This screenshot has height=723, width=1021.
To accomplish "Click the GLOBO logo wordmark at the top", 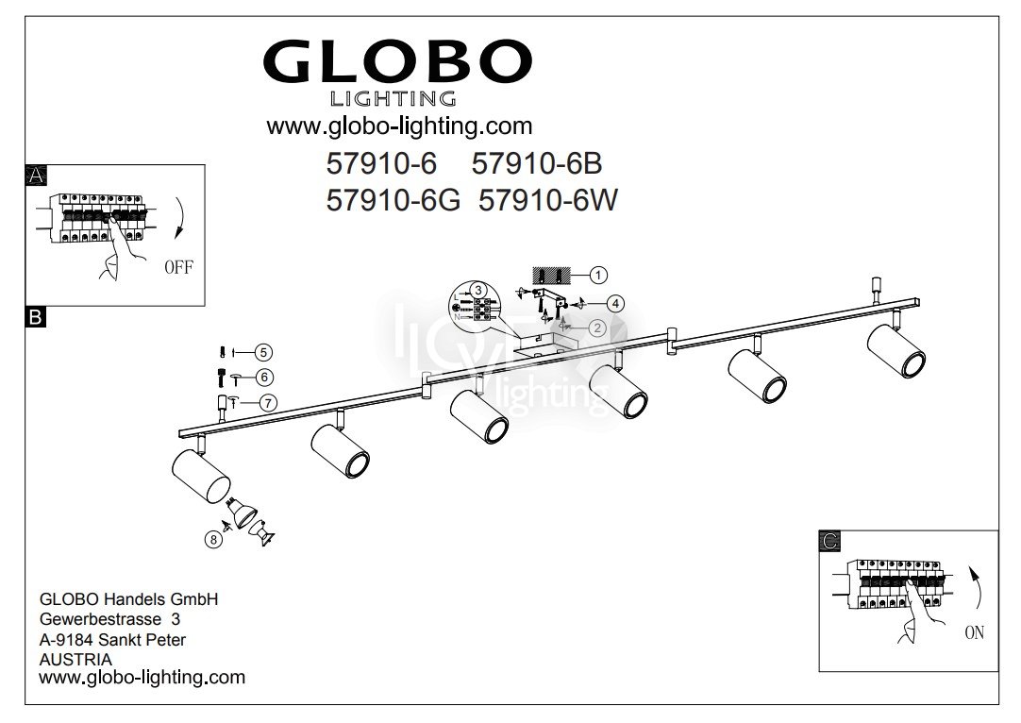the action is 397,60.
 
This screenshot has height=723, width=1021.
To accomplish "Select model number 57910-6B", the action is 537,163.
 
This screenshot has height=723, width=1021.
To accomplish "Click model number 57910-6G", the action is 393,200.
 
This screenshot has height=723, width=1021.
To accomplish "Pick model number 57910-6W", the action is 547,200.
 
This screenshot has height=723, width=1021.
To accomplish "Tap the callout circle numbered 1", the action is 598,275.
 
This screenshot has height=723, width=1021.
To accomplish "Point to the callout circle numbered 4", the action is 614,304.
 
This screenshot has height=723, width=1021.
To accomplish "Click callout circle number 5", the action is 263,352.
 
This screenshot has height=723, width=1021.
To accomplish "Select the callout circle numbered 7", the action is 268,403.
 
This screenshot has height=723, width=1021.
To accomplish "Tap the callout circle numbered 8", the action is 213,539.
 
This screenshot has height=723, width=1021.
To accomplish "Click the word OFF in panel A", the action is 178,267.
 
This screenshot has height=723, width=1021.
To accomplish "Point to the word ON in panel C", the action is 974,632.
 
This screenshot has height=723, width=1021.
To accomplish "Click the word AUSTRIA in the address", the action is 75,659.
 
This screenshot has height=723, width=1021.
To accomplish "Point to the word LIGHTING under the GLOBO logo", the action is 393,99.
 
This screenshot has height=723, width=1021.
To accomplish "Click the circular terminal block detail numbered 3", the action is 475,304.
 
